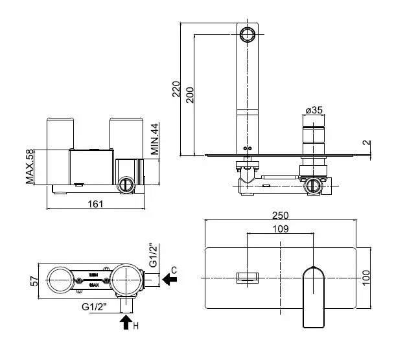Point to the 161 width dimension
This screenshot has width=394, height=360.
click(95, 203)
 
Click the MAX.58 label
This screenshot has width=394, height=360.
click(30, 167)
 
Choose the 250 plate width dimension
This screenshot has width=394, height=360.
click(281, 216)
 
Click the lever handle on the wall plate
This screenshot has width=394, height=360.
click(314, 295)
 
